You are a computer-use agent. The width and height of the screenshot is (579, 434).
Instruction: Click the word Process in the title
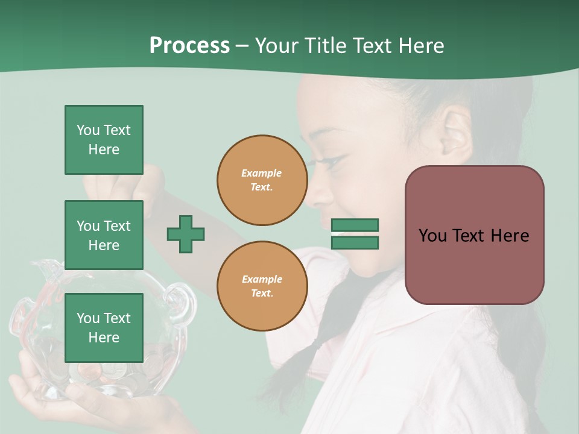[189, 46]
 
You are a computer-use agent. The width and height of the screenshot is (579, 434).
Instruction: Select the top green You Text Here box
[104, 140]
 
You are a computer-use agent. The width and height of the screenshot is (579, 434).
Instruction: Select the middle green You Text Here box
[104, 235]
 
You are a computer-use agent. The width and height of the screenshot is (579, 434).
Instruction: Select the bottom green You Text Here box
[104, 327]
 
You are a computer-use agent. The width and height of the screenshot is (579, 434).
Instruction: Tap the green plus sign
[186, 234]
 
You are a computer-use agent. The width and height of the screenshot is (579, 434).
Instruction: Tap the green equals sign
[355, 234]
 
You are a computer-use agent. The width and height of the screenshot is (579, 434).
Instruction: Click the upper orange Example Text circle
[262, 180]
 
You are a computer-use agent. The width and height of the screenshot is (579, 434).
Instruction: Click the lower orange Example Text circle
[262, 286]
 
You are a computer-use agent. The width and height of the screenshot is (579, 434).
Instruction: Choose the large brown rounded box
[474, 235]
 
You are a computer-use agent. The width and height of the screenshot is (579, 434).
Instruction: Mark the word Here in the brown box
[509, 236]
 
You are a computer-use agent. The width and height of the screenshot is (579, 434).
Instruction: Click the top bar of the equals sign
[355, 225]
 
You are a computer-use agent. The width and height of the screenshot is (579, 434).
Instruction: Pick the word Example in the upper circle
[262, 173]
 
